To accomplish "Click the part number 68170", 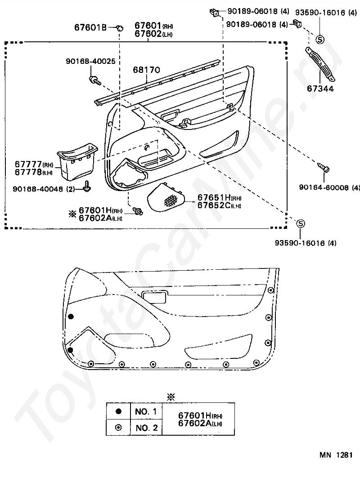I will click(x=146, y=70).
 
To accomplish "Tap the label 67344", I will click(x=320, y=89).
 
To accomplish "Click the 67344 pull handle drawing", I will click(x=320, y=63).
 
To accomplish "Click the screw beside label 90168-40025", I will click(x=94, y=80).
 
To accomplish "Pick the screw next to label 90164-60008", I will click(x=324, y=168).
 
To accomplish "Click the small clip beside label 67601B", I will click(x=120, y=28).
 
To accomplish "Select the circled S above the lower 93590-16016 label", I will click(x=301, y=223).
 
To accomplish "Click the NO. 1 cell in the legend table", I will click(x=146, y=411).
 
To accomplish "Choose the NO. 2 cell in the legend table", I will click(x=146, y=427).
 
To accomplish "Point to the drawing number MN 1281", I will click(x=336, y=455).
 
